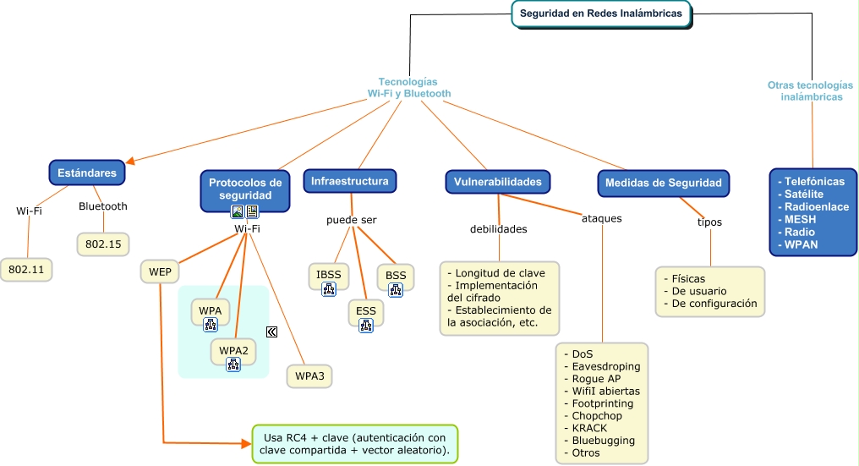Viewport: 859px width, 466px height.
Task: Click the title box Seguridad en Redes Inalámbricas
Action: click(600, 14)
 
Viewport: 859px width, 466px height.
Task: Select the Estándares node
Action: click(87, 173)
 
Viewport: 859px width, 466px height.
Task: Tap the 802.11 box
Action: click(27, 270)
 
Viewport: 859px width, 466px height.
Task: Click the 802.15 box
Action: click(103, 244)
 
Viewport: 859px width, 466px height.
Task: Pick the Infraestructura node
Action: click(349, 182)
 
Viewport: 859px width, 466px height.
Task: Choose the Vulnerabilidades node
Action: click(497, 182)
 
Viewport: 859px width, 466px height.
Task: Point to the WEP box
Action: click(160, 271)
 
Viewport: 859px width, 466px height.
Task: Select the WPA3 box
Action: click(310, 375)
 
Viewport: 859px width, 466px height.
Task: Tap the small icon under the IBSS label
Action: click(328, 289)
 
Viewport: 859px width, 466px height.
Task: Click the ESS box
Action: click(366, 311)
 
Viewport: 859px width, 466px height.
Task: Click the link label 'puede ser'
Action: click(352, 220)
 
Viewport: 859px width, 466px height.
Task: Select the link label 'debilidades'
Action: click(499, 229)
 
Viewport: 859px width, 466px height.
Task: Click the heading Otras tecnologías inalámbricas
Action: click(810, 90)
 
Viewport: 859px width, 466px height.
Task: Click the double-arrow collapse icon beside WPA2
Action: click(272, 332)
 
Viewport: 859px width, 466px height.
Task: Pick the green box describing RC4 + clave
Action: click(355, 444)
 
